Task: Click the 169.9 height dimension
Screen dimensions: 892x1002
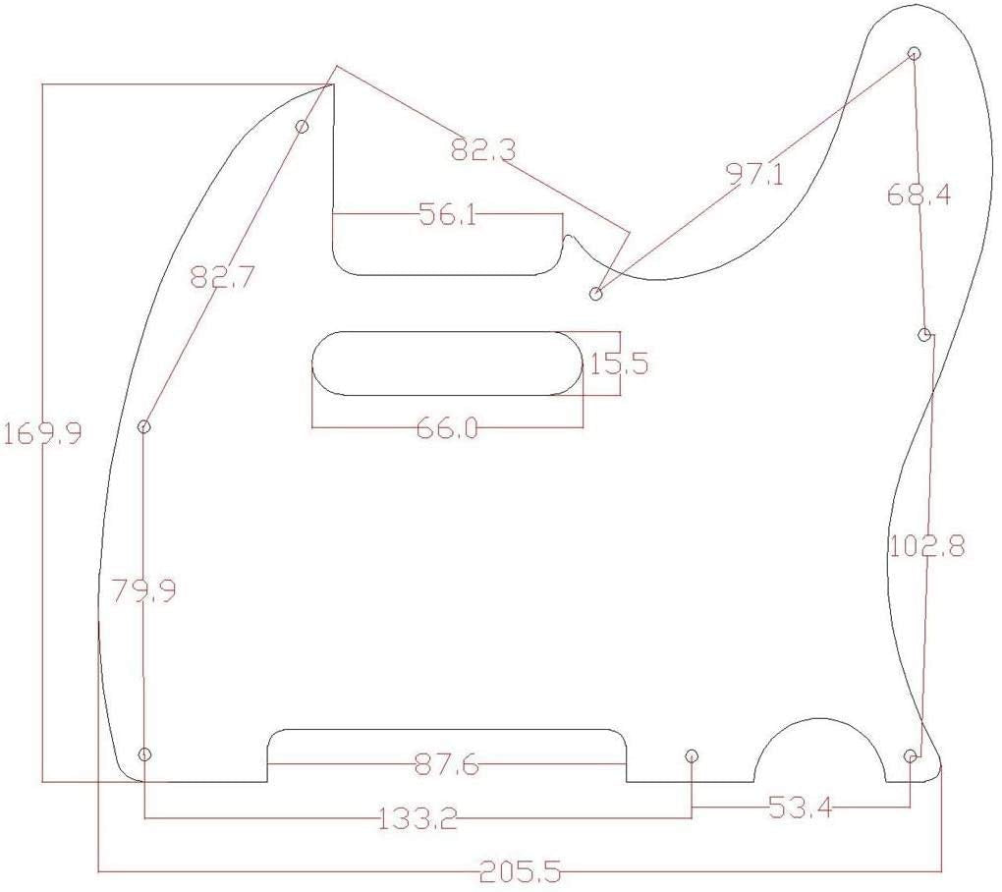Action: pos(43,433)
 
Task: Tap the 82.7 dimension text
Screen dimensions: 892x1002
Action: pos(223,277)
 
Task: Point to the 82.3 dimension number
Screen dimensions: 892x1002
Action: pos(482,150)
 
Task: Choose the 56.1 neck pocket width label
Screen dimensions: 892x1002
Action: pos(448,215)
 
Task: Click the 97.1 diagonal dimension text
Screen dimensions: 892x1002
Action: pos(754,174)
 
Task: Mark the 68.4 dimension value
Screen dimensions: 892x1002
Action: pos(918,195)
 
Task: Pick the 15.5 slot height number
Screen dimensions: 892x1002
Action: pos(619,364)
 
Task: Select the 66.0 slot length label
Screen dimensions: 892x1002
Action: pos(448,427)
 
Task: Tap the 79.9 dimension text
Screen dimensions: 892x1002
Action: pos(143,591)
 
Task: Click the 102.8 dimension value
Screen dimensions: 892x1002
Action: pos(926,545)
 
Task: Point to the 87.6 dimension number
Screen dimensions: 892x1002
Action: pos(447,764)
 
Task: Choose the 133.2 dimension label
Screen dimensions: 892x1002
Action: pos(418,818)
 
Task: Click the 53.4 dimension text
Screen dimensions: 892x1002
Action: pos(800,808)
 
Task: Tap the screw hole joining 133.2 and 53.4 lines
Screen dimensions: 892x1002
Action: pos(692,755)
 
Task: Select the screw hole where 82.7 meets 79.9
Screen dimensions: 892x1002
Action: pos(144,426)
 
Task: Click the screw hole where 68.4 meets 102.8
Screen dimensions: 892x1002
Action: pos(924,335)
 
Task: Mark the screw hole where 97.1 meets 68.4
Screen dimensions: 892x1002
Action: pos(914,53)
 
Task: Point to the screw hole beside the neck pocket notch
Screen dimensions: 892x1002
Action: pos(595,294)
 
